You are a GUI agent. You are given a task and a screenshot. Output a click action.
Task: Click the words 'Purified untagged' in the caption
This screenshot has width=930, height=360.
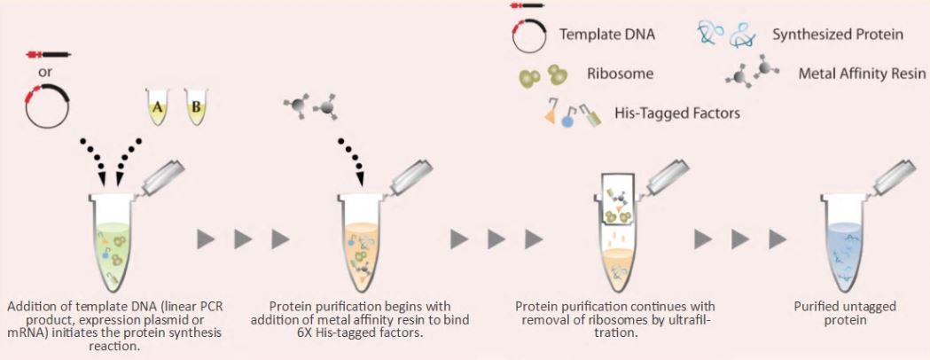pos(844,306)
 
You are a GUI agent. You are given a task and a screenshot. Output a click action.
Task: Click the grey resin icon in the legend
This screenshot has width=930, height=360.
pos(743,76)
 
